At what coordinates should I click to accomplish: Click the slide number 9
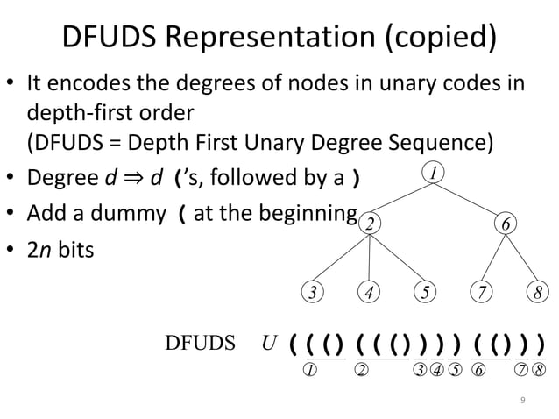[523, 400]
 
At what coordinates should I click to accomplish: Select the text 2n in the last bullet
[39, 250]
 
